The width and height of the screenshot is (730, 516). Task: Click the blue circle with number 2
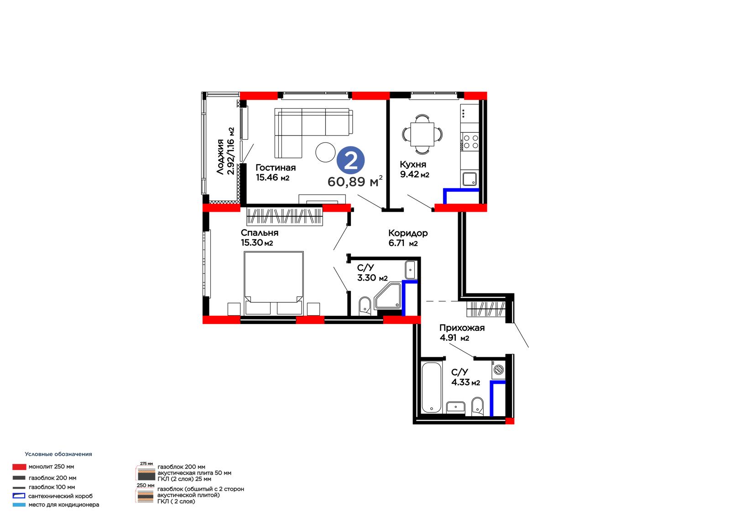350,160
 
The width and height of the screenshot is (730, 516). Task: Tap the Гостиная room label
276,167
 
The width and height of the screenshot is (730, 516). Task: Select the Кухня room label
413,164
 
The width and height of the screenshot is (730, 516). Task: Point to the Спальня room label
260,233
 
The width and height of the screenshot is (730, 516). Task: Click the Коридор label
408,233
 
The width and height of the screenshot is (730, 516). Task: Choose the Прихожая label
462,328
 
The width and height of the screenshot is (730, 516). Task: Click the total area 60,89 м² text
355,181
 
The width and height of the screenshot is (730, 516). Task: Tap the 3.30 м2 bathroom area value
372,278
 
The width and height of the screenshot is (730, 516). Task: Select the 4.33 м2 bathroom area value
465,382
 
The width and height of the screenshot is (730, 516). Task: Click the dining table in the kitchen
422,134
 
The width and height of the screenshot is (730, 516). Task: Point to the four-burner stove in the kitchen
469,142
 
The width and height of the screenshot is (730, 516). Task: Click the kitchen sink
469,179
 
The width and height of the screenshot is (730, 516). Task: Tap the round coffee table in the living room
326,152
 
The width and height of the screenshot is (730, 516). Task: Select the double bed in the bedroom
274,283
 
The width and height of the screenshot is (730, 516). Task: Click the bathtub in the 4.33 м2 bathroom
432,388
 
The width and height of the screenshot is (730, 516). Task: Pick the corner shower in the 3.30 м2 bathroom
388,296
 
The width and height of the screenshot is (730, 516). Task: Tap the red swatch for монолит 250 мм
19,467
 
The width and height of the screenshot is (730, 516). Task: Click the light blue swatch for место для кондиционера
19,505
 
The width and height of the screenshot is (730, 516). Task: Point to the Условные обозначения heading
58,454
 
